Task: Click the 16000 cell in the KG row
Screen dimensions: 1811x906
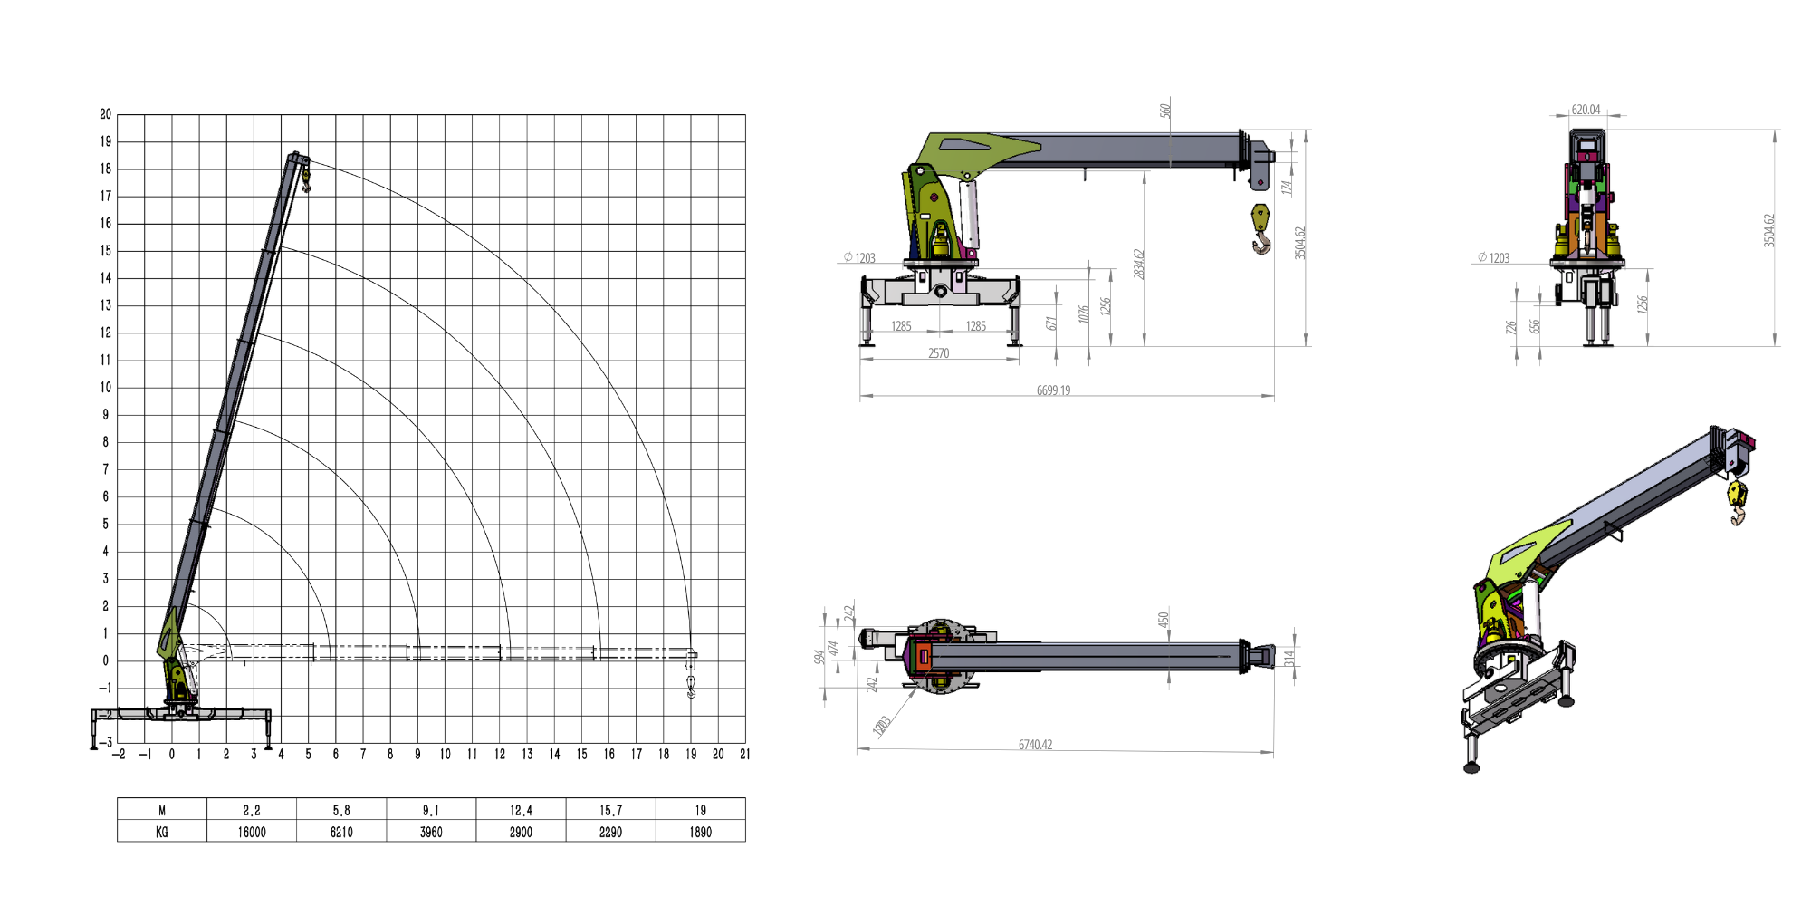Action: pyautogui.click(x=252, y=832)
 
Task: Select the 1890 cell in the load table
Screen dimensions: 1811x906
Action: pyautogui.click(x=701, y=832)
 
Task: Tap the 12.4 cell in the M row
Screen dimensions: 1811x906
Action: pyautogui.click(x=522, y=810)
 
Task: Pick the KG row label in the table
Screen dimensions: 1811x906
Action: pyautogui.click(x=162, y=832)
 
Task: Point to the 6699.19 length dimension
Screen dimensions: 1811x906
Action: pyautogui.click(x=1053, y=390)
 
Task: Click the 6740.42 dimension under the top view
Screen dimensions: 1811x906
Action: pyautogui.click(x=1035, y=745)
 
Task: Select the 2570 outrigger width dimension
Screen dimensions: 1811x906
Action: pyautogui.click(x=938, y=353)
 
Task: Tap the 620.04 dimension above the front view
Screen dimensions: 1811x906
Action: pyautogui.click(x=1586, y=110)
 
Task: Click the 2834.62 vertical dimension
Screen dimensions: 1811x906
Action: pyautogui.click(x=1139, y=264)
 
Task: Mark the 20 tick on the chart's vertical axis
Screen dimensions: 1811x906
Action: pyautogui.click(x=106, y=114)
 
